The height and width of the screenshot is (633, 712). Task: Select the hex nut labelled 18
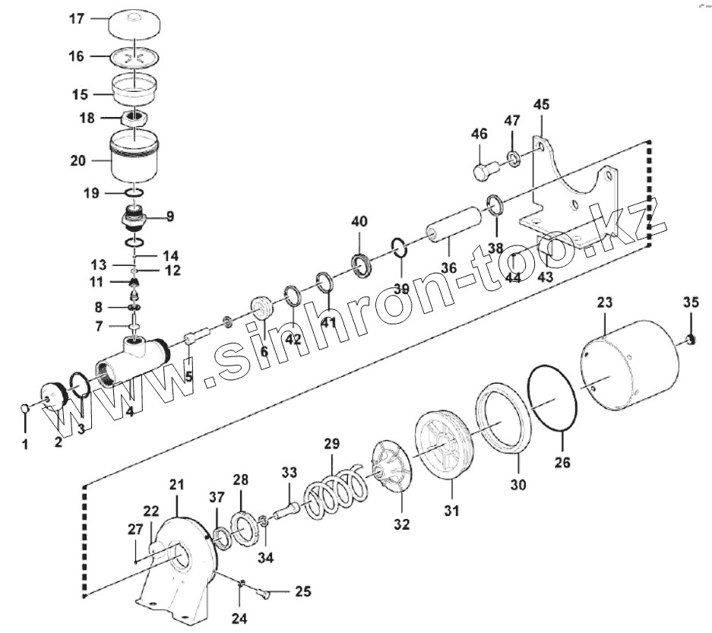pos(134,119)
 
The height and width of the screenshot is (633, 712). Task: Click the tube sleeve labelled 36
pos(454,226)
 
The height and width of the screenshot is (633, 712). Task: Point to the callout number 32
pos(401,524)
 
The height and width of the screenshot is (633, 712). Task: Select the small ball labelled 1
pos(25,410)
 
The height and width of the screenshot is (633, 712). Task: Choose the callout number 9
pos(169,216)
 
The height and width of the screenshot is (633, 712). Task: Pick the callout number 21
pos(176,484)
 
